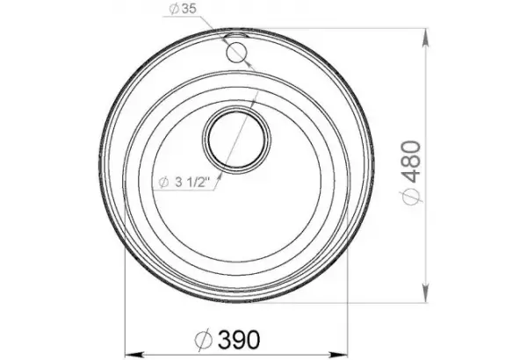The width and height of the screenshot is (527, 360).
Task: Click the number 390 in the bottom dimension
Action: point(239,340)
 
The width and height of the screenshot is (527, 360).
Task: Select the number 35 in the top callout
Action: point(189,9)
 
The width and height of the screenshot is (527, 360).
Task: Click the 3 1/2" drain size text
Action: point(192,183)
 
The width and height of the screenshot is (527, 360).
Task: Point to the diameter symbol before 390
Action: point(204,340)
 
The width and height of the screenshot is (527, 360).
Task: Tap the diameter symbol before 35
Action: point(174,9)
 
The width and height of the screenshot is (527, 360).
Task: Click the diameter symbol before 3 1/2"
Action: point(163,183)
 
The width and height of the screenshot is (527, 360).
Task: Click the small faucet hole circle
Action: point(236,53)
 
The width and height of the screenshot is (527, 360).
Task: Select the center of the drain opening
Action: point(237,139)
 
